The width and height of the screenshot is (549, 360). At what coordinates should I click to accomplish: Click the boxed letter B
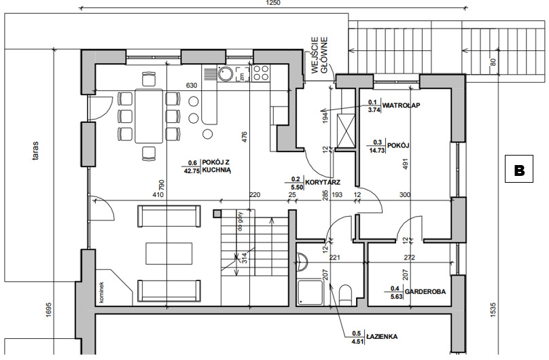point(519,168)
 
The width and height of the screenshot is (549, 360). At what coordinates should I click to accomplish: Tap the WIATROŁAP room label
point(401,105)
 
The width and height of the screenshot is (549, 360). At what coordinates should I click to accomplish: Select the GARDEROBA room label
point(425,291)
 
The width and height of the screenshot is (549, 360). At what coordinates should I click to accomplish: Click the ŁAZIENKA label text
point(382,336)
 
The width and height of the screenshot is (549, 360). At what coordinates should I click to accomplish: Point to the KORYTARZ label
point(323,182)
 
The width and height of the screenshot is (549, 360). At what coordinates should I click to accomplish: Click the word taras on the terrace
point(35,150)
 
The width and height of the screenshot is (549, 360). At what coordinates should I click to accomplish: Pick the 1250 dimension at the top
point(273,3)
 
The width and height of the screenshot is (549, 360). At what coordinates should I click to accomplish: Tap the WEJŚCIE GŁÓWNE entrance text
point(319,55)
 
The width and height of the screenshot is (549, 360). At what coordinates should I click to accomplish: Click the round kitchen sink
point(226,74)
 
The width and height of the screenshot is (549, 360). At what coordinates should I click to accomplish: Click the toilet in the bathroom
point(345,294)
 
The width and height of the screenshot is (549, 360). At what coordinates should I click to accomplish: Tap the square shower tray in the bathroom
point(311,292)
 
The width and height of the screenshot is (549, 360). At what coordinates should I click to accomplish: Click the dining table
point(149,116)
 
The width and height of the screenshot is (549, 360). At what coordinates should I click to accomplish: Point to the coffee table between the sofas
point(169,253)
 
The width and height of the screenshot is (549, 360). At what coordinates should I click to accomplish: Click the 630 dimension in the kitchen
point(192,85)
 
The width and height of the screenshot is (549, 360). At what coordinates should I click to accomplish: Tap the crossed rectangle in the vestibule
point(346,130)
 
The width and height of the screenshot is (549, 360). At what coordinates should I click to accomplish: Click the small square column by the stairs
point(217,213)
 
